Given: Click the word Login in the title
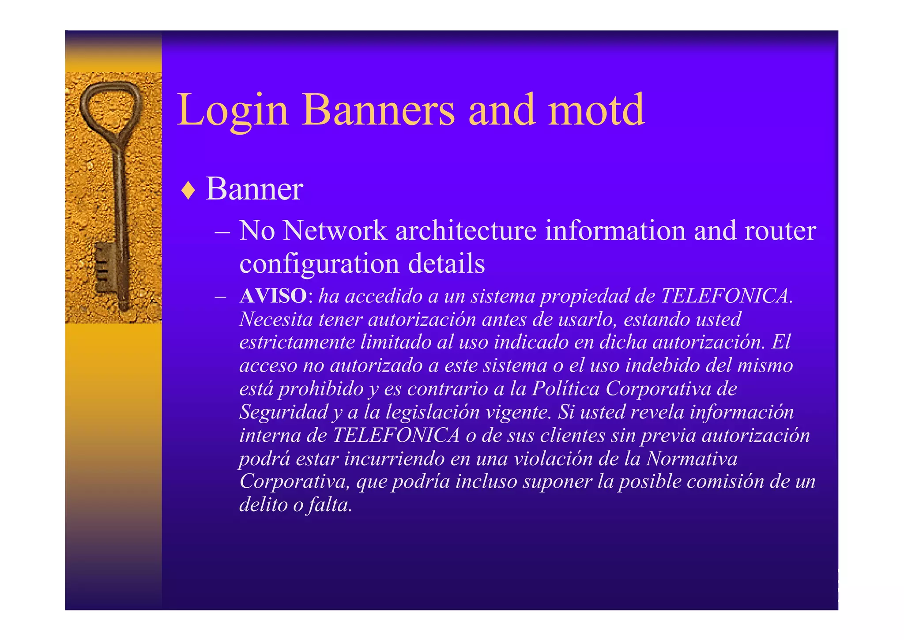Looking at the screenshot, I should (x=233, y=110).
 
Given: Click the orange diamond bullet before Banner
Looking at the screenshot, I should (x=188, y=190).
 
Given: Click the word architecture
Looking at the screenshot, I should (x=466, y=230).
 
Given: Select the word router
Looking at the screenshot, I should (x=780, y=230).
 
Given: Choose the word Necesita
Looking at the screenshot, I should (x=276, y=319).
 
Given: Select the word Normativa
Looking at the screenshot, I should (x=692, y=459).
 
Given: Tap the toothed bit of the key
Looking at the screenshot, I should (x=104, y=267).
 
